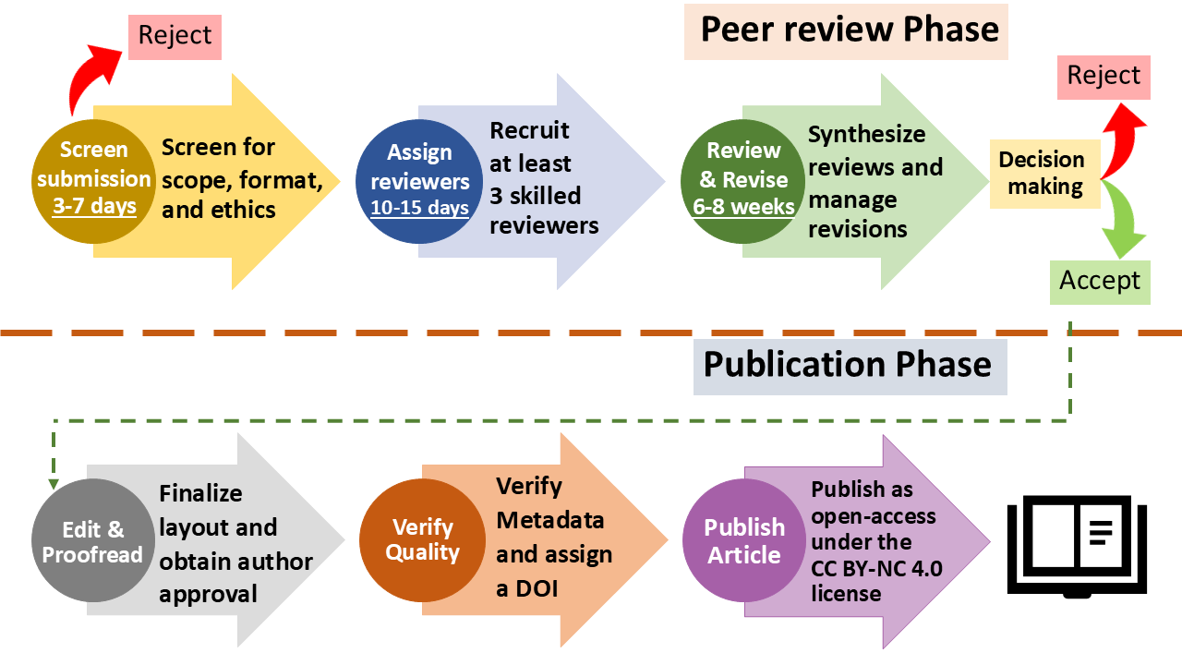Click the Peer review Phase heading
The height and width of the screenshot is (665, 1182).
(849, 30)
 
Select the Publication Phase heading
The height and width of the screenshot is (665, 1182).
(848, 364)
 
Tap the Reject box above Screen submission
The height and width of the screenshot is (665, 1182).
(175, 36)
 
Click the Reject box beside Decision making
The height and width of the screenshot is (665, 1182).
(1104, 76)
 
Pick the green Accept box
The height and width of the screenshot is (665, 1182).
(1100, 281)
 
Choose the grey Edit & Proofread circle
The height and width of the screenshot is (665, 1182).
(93, 541)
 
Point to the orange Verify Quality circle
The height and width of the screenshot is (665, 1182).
(422, 540)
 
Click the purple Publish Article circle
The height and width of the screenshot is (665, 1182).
(744, 540)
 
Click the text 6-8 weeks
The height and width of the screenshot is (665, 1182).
(743, 207)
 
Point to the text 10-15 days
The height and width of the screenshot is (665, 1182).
(419, 208)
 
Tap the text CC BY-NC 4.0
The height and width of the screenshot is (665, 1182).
(877, 568)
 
